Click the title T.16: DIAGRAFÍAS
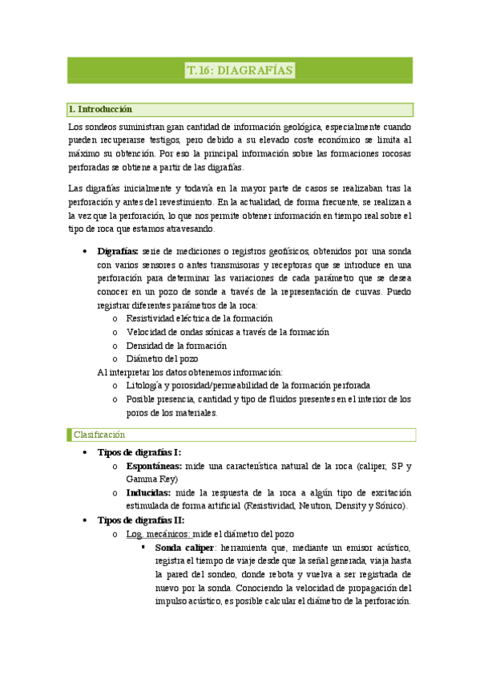point(240,71)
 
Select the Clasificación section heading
point(99,434)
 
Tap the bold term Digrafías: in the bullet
point(117,251)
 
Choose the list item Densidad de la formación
point(176,346)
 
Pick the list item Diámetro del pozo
point(162,358)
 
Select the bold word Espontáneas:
point(154,466)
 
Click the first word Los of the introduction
point(75,127)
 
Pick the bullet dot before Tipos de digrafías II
point(85,520)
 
